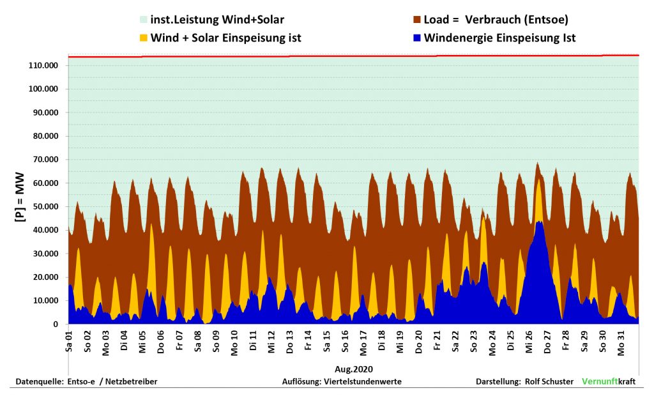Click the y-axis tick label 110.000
click(x=43, y=66)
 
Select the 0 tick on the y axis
click(x=56, y=324)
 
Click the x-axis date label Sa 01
click(x=69, y=342)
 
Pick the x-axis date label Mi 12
click(x=271, y=342)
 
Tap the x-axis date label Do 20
click(x=419, y=342)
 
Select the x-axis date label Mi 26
click(x=529, y=342)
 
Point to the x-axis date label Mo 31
click(x=621, y=343)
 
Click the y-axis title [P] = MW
click(x=20, y=197)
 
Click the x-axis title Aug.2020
click(x=354, y=369)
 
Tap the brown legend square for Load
click(x=416, y=20)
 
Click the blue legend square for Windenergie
click(x=416, y=38)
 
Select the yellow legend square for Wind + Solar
click(x=144, y=38)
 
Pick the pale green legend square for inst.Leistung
click(x=144, y=20)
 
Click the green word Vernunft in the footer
click(x=600, y=381)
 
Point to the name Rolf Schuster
click(x=549, y=381)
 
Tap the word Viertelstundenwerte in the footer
click(x=363, y=381)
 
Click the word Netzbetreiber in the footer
click(x=131, y=381)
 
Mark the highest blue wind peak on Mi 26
click(x=540, y=222)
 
